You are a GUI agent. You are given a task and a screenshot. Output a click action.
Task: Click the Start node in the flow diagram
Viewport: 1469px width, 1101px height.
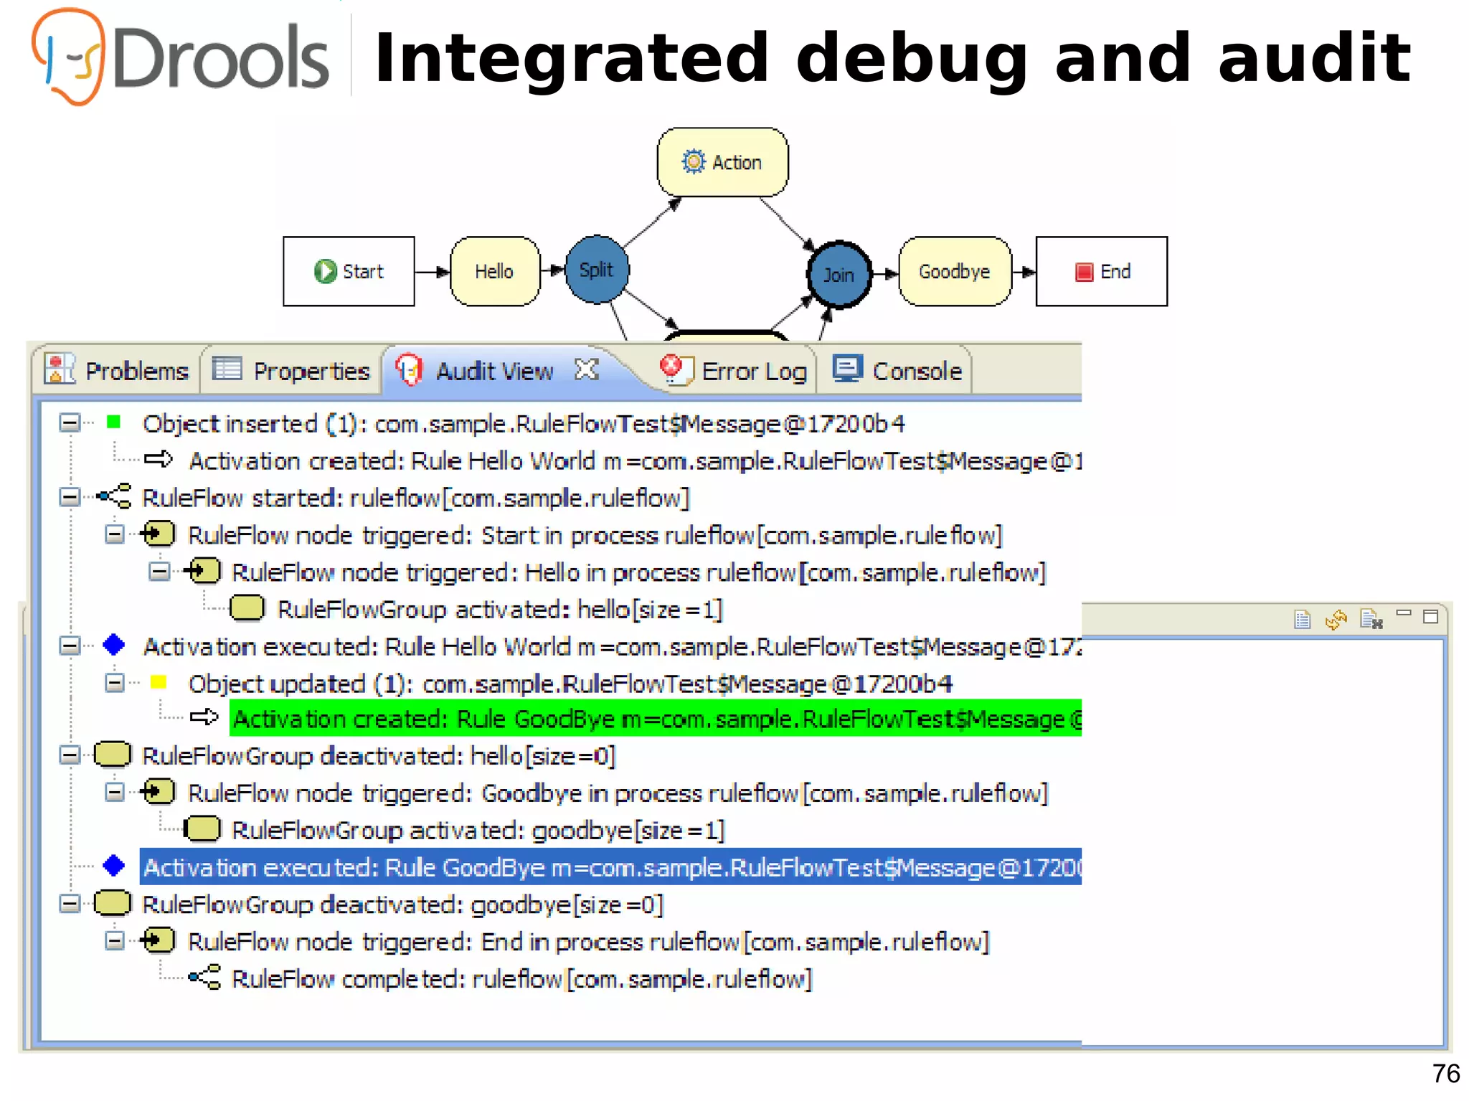coord(349,271)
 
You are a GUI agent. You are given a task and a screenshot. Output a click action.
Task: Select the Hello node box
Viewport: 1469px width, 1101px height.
coord(494,271)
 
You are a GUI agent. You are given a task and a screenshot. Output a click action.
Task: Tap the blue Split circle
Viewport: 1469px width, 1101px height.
coord(596,270)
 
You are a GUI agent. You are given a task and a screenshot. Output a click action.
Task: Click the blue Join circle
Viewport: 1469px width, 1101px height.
coord(839,275)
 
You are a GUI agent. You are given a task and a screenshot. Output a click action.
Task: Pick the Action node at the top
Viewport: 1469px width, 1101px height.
coord(722,162)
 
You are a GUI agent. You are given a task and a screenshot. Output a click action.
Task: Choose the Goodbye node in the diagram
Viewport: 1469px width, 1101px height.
coord(955,271)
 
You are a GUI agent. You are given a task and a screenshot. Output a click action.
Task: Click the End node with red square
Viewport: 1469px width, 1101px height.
coord(1101,271)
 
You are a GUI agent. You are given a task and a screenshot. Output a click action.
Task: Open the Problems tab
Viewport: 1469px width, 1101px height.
coord(117,371)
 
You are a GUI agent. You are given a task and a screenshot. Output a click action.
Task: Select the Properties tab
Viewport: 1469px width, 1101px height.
coord(292,371)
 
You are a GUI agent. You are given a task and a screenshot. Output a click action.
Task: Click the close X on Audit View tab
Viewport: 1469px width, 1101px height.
coord(586,369)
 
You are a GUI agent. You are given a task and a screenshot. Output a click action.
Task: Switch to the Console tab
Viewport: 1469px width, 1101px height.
coord(898,371)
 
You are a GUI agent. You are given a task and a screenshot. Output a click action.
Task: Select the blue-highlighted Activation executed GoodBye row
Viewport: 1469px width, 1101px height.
coord(610,867)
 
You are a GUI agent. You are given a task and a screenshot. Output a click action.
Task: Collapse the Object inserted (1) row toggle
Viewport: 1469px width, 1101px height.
coord(69,423)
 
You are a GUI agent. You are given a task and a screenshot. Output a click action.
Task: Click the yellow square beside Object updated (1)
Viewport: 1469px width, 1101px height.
coord(159,682)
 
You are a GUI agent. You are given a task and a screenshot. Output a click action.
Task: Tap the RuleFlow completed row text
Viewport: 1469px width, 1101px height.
coord(521,979)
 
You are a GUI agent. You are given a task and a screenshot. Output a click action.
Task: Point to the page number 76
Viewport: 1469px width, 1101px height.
coord(1445,1074)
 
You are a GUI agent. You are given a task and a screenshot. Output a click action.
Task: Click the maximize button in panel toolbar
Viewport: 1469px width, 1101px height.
coord(1430,617)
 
